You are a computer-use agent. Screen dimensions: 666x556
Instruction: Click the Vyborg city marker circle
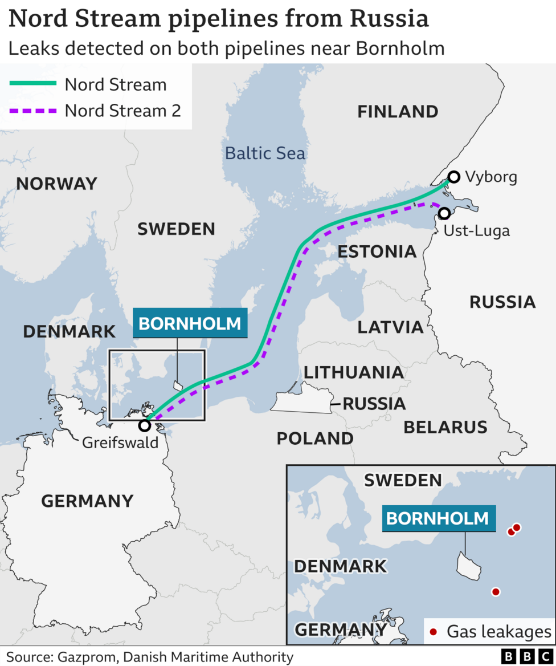tap(453, 177)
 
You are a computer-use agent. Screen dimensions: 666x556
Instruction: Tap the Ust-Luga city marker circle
tap(444, 213)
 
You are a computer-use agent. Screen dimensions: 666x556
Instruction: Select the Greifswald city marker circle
tap(145, 425)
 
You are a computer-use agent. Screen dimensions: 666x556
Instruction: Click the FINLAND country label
tap(398, 112)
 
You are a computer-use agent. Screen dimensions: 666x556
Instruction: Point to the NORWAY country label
tap(56, 184)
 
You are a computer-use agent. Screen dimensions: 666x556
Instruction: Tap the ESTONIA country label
tap(377, 251)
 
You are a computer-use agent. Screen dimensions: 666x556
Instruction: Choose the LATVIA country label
tap(390, 327)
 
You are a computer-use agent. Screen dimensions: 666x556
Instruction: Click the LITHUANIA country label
tap(353, 372)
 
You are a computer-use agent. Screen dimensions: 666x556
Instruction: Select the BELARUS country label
tap(445, 427)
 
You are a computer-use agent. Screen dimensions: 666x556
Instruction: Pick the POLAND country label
tap(315, 438)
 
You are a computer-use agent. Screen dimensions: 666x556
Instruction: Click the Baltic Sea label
tap(265, 153)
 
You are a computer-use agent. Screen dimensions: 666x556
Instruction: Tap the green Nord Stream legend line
tap(33, 84)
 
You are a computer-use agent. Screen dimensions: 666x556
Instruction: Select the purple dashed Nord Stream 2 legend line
tap(33, 110)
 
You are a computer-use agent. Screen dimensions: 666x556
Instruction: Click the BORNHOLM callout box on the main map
tap(190, 323)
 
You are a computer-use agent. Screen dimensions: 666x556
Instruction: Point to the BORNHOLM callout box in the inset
tap(438, 518)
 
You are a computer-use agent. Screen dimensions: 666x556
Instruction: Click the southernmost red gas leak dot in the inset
tap(496, 592)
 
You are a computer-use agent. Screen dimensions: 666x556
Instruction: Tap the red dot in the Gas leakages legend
tap(433, 631)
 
